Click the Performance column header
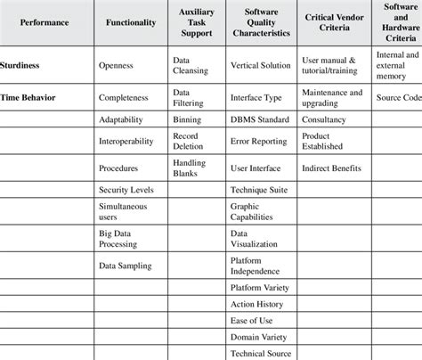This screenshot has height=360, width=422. pyautogui.click(x=45, y=22)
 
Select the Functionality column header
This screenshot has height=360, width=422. pyautogui.click(x=130, y=22)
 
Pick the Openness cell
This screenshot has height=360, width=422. pyautogui.click(x=117, y=65)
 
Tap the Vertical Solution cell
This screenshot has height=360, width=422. pyautogui.click(x=260, y=65)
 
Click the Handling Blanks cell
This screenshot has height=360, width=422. pyautogui.click(x=191, y=167)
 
